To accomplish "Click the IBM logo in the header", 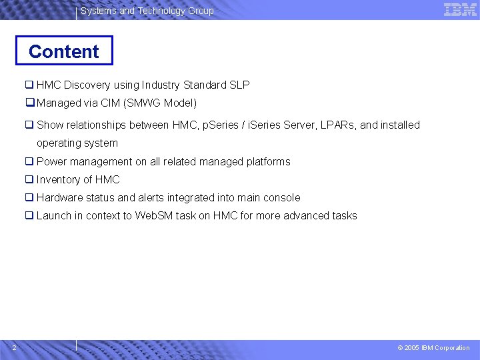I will pyautogui.click(x=460, y=9).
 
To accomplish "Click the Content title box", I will pyautogui.click(x=64, y=51).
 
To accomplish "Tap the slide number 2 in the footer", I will pyautogui.click(x=14, y=347).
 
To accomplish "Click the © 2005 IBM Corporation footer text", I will pyautogui.click(x=433, y=347).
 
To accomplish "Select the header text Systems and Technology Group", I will pyautogui.click(x=147, y=11).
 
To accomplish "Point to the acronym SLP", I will pyautogui.click(x=239, y=85).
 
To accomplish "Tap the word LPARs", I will pyautogui.click(x=338, y=125).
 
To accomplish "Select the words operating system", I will pyautogui.click(x=77, y=143).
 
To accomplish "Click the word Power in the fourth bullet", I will pyautogui.click(x=51, y=161).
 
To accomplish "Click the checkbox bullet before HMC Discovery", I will pyautogui.click(x=29, y=85).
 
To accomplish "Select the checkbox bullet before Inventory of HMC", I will pyautogui.click(x=29, y=179).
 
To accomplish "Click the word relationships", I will pyautogui.click(x=95, y=125).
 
